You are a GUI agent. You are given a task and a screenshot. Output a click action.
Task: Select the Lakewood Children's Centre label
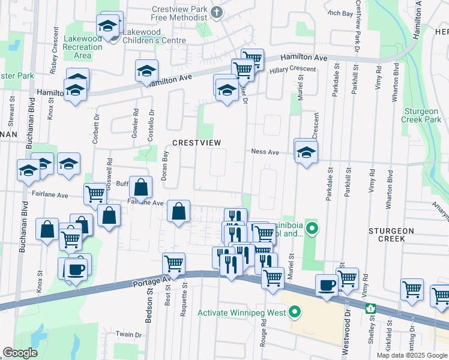(x=153, y=40)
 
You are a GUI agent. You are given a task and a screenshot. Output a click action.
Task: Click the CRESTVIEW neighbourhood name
(x=197, y=142)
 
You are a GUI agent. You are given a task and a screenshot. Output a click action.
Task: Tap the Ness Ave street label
(x=265, y=152)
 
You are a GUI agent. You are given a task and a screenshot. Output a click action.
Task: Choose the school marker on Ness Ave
(x=306, y=152)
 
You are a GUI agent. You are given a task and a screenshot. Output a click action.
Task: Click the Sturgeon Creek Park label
(x=422, y=115)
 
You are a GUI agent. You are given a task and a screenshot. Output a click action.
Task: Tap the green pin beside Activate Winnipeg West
(x=294, y=312)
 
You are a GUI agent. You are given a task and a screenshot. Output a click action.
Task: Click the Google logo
(x=20, y=352)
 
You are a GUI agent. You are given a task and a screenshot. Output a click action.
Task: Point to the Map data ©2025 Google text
(x=411, y=355)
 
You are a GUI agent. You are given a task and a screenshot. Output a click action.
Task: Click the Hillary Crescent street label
(x=292, y=70)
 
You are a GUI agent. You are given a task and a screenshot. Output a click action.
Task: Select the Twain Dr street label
(x=128, y=334)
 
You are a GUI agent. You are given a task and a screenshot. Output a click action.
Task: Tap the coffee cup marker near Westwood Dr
(x=327, y=286)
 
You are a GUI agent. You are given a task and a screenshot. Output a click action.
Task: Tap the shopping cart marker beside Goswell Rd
(x=95, y=194)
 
